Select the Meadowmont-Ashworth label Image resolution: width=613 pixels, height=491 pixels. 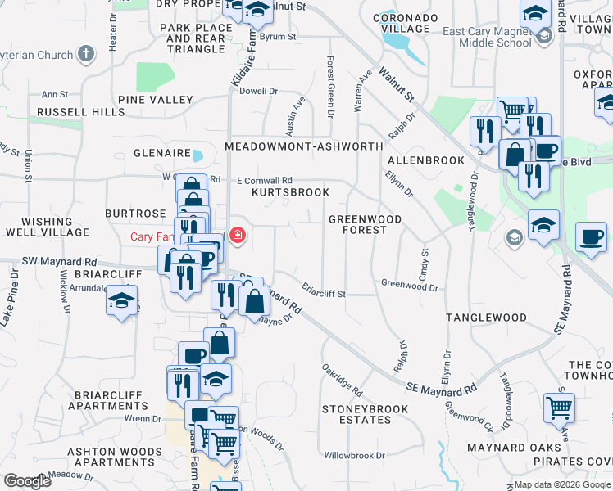304,146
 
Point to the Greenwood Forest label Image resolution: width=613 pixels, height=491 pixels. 365,224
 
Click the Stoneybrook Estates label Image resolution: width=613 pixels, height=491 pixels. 356,414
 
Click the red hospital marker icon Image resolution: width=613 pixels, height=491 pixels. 238,236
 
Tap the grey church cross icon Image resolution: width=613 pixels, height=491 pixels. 85,55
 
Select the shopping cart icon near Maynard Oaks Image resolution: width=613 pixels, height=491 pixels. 559,406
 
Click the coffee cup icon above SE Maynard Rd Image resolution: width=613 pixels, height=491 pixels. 591,237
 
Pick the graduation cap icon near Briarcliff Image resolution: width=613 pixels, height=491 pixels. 121,300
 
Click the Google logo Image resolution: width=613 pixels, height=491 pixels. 27,481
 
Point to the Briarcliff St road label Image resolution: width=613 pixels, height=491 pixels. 324,291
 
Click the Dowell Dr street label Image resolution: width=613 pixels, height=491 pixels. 259,92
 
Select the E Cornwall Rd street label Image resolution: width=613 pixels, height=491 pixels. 265,181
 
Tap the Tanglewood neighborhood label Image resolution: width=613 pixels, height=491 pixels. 486,317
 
